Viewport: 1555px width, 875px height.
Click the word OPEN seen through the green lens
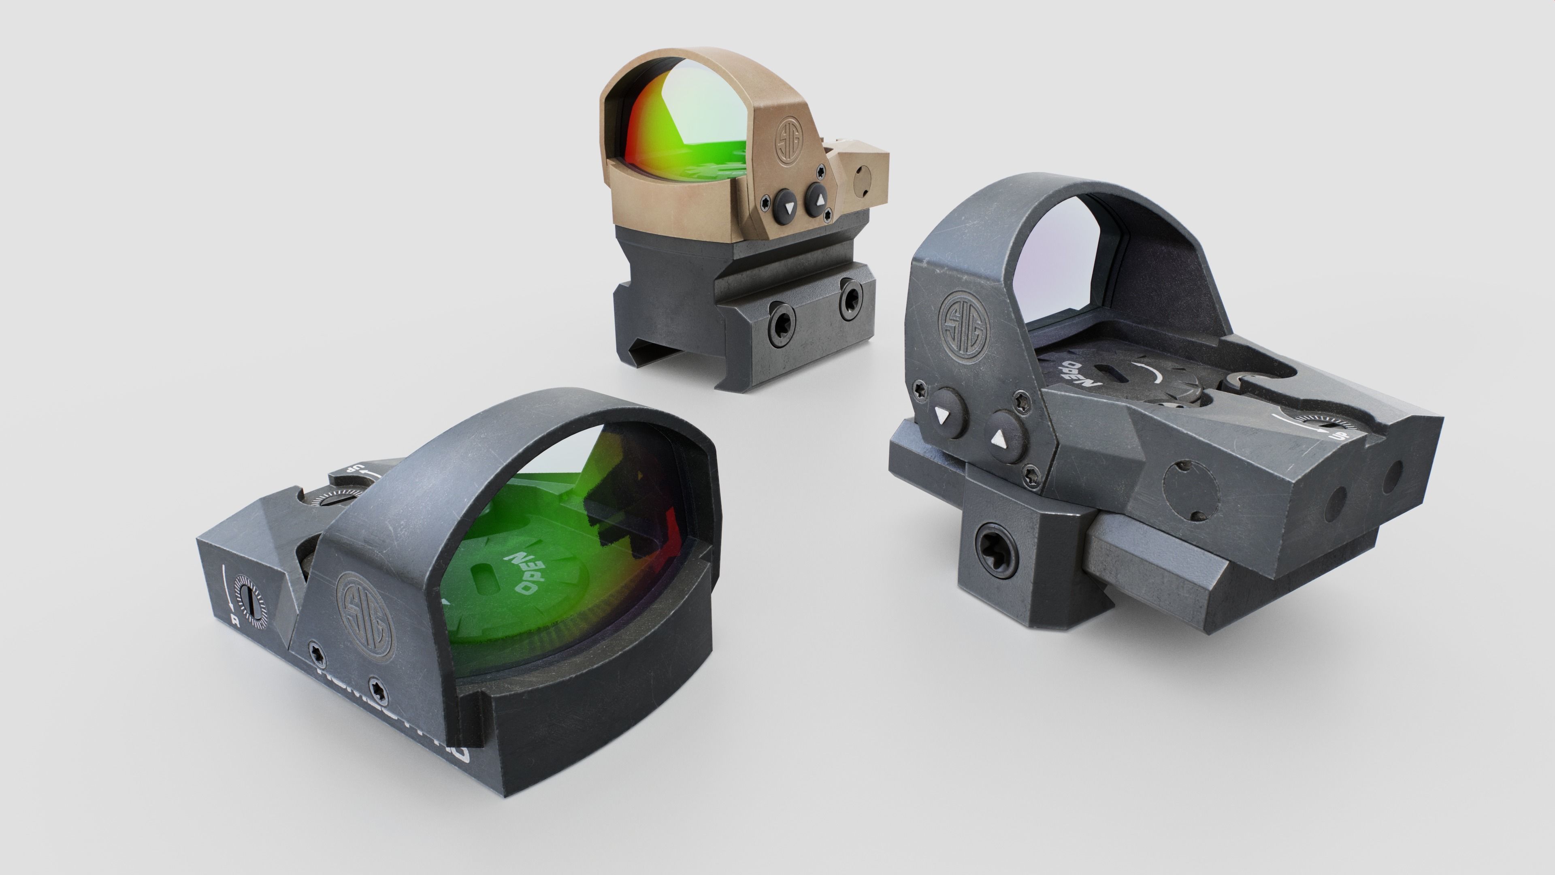pyautogui.click(x=526, y=571)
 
